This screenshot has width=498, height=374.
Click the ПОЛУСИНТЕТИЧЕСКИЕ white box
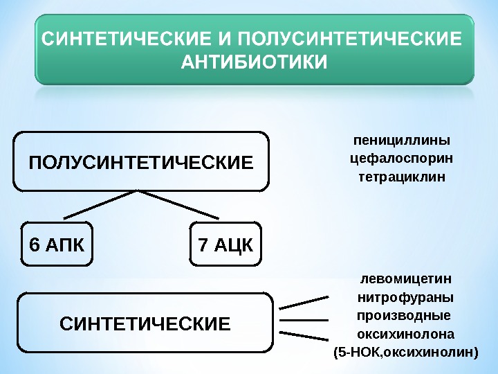pos(140,162)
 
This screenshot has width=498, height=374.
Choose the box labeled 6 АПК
pos(57,244)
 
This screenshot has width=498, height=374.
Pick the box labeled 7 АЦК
pos(225,244)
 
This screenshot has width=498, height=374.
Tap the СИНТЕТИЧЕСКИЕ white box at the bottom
pos(145,323)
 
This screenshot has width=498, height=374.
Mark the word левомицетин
pos(405,278)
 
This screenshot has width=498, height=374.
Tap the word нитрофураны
pos(405,298)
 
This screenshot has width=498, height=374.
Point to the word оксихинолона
pos(405,335)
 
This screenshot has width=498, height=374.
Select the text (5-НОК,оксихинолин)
pos(405,353)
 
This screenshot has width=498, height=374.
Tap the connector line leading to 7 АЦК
pos(180,205)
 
